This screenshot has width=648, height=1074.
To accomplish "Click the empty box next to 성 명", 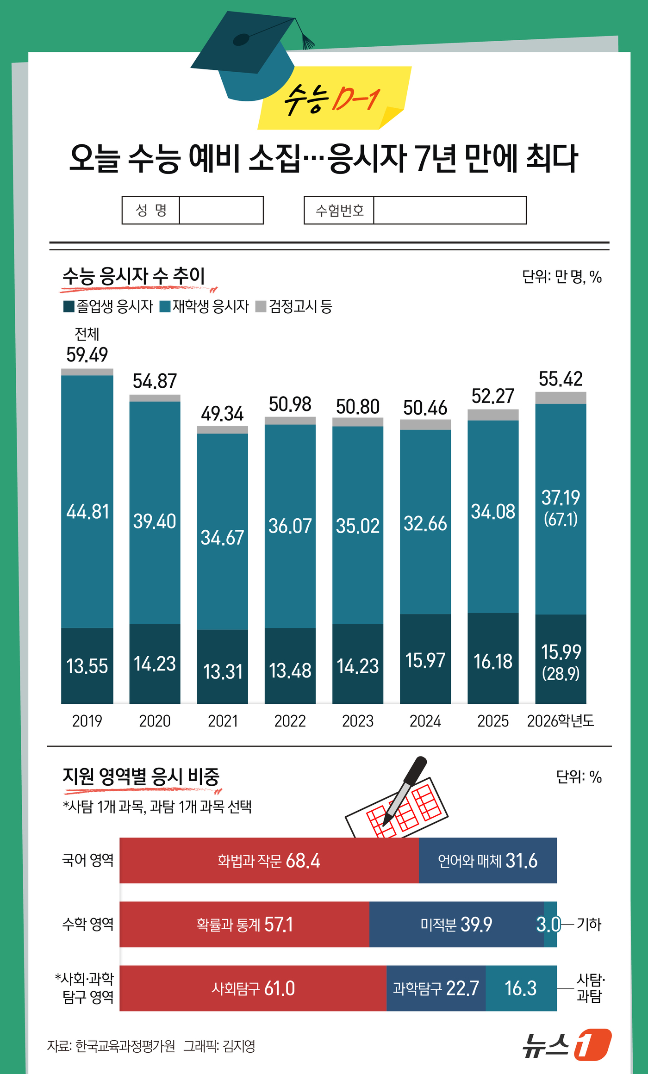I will click(x=221, y=210).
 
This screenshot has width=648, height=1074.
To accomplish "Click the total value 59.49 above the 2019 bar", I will click(x=87, y=355).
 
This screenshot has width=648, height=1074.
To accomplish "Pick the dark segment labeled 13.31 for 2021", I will click(x=223, y=671).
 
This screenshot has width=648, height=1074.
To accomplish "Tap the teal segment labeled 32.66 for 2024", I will click(x=425, y=523).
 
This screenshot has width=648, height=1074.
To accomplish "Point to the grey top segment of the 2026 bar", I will click(x=561, y=398).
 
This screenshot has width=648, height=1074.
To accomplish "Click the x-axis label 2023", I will click(x=357, y=721).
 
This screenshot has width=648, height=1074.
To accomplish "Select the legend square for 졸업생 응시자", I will click(x=69, y=306).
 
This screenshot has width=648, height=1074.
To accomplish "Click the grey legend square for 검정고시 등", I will click(x=261, y=306).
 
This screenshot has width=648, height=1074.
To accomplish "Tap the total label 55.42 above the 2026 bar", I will click(x=561, y=379).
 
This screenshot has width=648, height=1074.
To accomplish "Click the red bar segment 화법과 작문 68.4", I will click(x=268, y=861).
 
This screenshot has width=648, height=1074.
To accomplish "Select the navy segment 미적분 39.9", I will click(x=456, y=925).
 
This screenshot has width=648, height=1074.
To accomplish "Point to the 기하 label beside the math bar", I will click(x=589, y=925).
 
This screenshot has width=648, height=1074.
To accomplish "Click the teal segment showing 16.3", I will click(x=521, y=988).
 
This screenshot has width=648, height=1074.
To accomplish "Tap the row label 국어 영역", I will click(x=87, y=860).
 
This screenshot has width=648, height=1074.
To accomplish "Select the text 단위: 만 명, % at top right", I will click(x=561, y=277).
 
